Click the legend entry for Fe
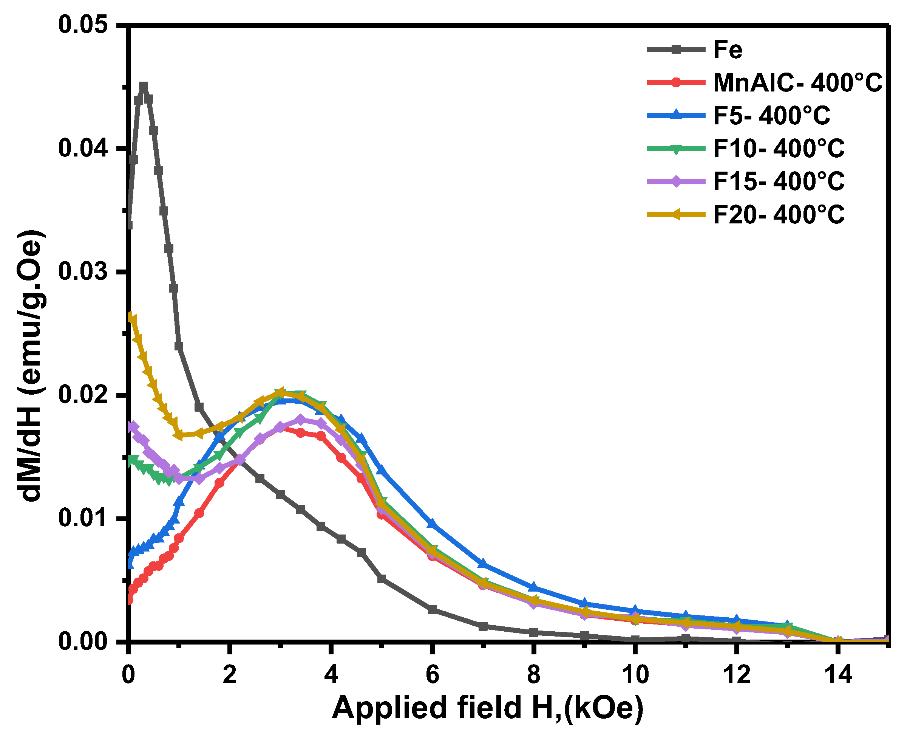click(728, 50)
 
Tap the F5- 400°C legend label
click(771, 115)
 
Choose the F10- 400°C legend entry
click(779, 149)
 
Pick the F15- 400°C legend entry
click(779, 181)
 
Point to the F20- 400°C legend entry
click(779, 215)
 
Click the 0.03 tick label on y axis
click(83, 272)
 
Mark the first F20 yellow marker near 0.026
click(132, 318)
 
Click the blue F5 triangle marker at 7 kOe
click(482, 564)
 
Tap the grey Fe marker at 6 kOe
click(432, 610)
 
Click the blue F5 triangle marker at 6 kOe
click(432, 524)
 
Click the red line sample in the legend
click(676, 82)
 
